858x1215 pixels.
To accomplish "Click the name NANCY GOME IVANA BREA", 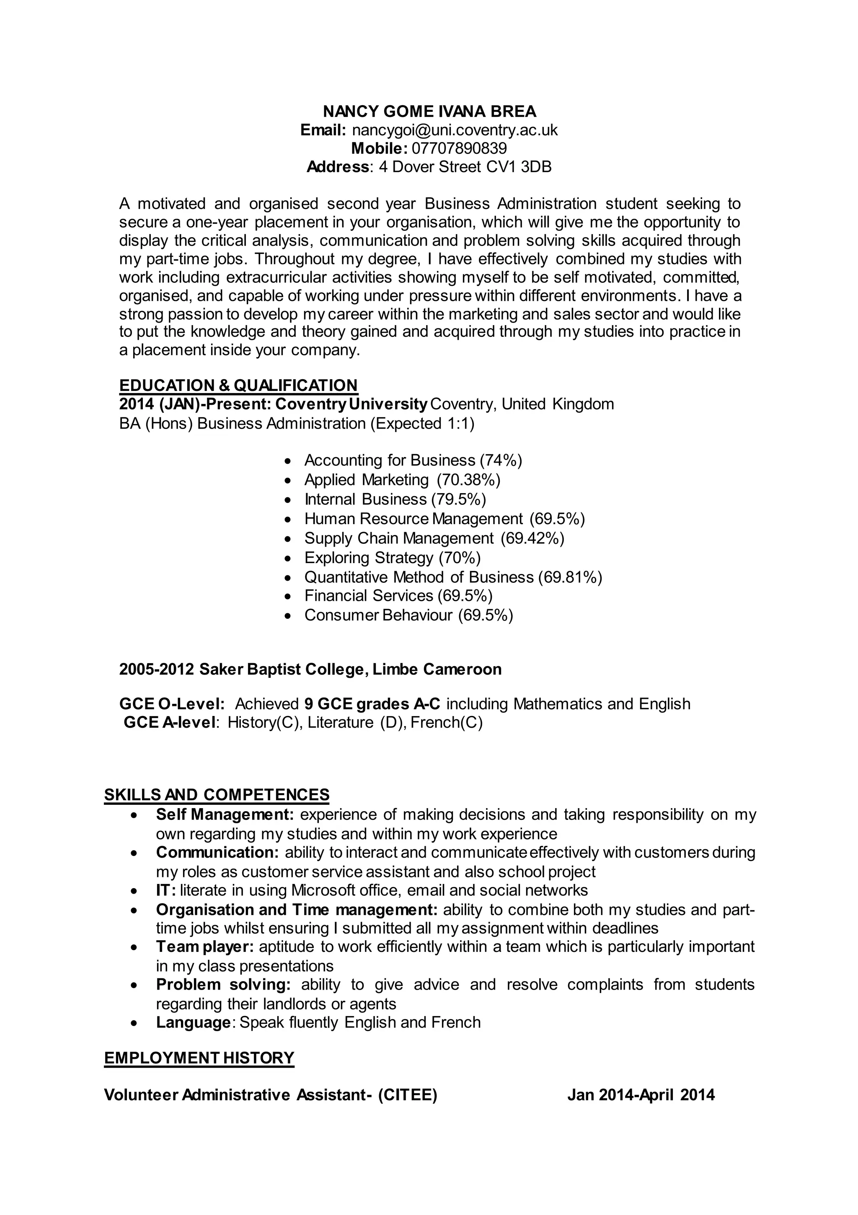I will coord(429,112).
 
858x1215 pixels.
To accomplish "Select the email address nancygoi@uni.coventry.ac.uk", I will coord(455,130).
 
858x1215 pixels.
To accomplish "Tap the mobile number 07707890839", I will coord(459,148).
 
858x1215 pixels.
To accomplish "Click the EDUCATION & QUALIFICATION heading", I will coord(238,385).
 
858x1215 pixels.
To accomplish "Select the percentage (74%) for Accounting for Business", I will coord(500,460).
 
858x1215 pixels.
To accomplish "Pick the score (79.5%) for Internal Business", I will coord(458,499).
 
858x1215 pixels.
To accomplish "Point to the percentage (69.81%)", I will coord(570,577).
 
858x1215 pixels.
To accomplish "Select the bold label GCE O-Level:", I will coord(172,704).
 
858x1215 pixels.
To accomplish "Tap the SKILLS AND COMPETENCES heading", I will coord(217,795).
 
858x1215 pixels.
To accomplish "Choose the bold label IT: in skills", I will coord(165,891).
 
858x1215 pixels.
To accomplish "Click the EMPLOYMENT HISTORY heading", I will coord(199,1058).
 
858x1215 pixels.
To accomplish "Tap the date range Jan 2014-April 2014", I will coord(641,1095).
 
